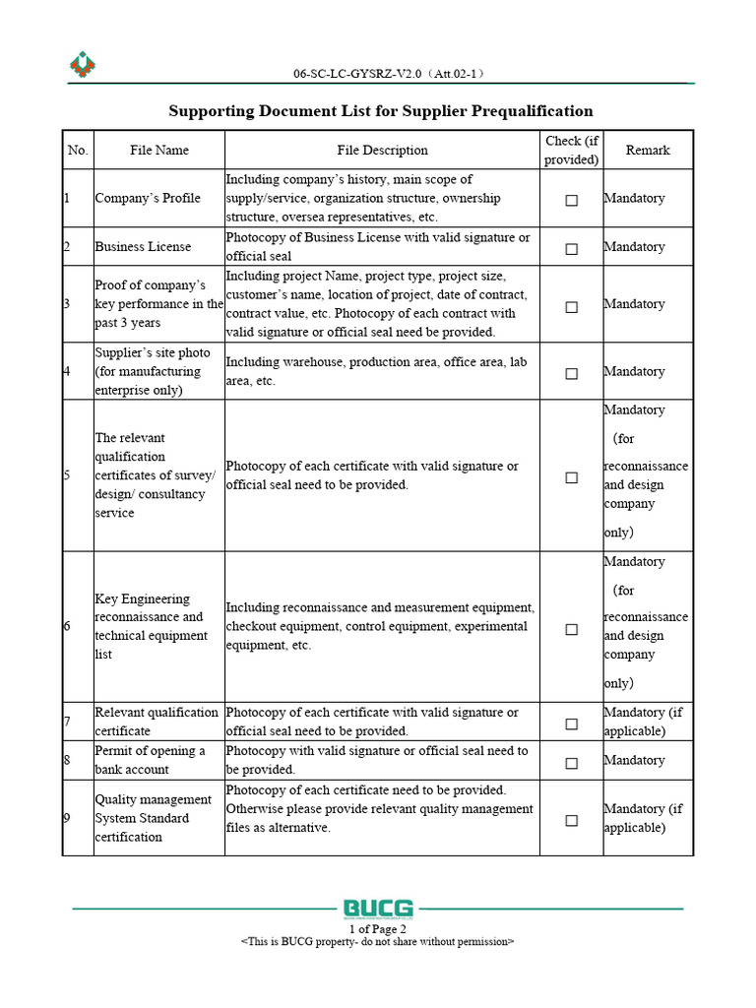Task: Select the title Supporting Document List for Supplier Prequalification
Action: point(381,111)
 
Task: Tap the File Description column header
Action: point(382,151)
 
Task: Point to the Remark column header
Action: point(648,151)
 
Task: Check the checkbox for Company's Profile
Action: point(571,200)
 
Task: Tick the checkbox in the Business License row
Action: point(571,249)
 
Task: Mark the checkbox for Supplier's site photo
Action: point(571,373)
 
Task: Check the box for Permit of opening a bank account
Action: point(571,762)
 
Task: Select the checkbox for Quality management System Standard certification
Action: point(571,820)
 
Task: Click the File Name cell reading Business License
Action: point(143,247)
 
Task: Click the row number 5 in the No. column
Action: point(67,475)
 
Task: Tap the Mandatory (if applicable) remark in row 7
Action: point(646,722)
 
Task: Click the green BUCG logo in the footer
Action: point(378,908)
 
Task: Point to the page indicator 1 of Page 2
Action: point(378,928)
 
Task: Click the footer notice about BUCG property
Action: point(378,941)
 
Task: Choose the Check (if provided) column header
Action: point(571,151)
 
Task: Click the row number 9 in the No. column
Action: point(67,818)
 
